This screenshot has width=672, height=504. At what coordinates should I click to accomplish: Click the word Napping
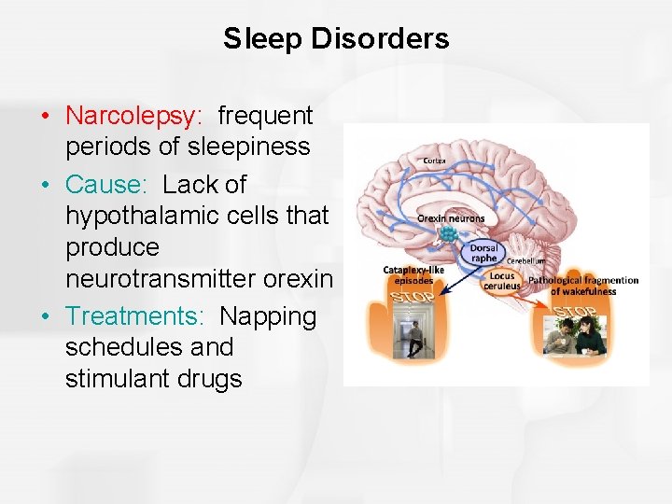[268, 315]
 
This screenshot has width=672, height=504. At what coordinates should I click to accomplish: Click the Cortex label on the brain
[435, 161]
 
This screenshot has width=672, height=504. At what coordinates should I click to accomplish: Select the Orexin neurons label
[451, 218]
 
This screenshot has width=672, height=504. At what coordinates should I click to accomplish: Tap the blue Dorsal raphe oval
[483, 253]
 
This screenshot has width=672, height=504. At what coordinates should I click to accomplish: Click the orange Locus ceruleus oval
[502, 280]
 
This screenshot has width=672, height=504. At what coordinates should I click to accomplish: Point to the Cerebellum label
[526, 261]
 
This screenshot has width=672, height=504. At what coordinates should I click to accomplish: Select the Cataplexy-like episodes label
[408, 275]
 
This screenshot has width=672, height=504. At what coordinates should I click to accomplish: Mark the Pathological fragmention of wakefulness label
[583, 285]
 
